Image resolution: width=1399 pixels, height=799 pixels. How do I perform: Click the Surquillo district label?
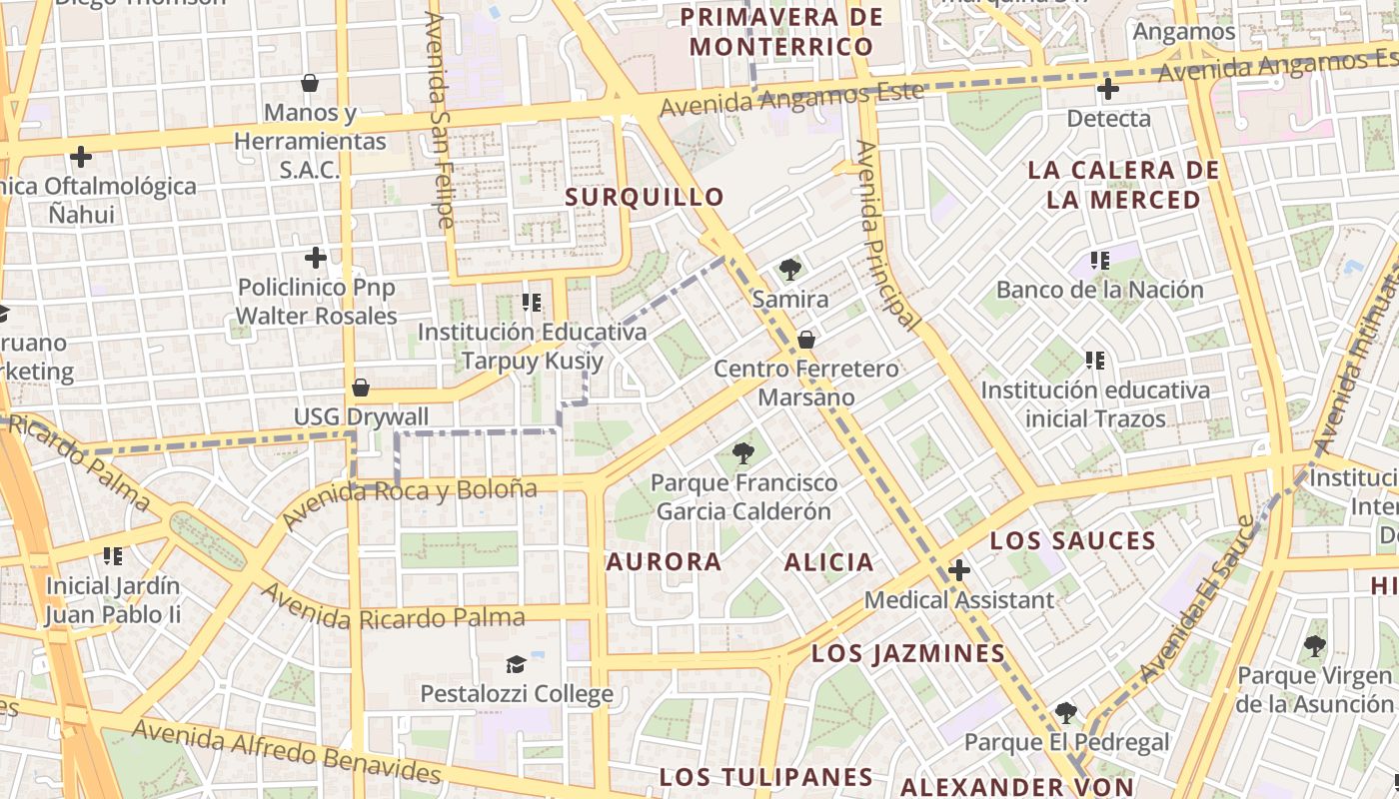(x=644, y=197)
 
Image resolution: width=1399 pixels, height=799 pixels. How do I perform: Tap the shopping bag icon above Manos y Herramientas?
(x=310, y=83)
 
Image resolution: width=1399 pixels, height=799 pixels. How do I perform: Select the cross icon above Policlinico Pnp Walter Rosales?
(x=316, y=258)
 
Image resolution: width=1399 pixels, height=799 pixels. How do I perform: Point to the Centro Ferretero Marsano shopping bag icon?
(x=806, y=340)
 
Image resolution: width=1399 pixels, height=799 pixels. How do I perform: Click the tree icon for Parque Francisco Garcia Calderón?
(x=742, y=454)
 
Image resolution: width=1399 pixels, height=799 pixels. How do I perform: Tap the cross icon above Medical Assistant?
(x=959, y=571)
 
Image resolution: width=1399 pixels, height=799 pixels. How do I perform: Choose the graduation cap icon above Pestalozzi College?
(x=516, y=664)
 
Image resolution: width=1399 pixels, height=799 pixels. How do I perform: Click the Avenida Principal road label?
(x=887, y=235)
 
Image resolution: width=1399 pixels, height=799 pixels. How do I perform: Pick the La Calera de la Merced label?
(x=1123, y=185)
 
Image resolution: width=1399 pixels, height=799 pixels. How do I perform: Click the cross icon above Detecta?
(x=1107, y=90)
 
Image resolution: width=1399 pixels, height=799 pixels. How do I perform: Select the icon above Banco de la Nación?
(x=1100, y=262)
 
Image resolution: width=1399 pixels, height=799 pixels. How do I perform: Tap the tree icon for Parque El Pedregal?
(x=1066, y=713)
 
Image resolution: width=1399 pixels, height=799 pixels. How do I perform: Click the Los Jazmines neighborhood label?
(x=907, y=654)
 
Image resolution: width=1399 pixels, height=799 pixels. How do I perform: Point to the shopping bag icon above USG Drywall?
(x=361, y=388)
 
